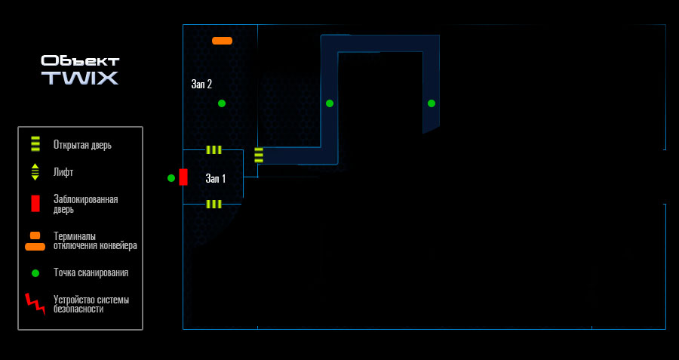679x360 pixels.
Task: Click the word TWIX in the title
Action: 80,78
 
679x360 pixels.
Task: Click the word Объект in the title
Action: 80,61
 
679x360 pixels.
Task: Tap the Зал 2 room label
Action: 201,84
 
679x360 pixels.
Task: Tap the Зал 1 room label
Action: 216,178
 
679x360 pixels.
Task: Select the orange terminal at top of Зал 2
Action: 222,41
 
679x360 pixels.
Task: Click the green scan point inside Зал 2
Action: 222,103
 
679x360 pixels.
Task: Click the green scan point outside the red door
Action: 171,177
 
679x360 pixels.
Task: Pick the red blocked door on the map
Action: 183,177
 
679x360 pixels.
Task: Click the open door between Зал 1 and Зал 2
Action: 214,150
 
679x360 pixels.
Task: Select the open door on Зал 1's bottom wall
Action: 214,204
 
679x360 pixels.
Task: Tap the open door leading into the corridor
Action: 259,155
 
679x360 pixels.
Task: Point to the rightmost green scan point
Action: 432,103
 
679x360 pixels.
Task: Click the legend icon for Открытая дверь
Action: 35,144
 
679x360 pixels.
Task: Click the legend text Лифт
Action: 63,172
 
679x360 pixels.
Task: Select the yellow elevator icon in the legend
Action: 35,172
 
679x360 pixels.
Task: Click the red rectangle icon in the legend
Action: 35,204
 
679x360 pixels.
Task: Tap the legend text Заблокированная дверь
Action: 86,205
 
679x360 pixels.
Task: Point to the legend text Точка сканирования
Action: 91,273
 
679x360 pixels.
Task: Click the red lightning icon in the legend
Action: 35,304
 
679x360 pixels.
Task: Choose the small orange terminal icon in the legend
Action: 35,235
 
